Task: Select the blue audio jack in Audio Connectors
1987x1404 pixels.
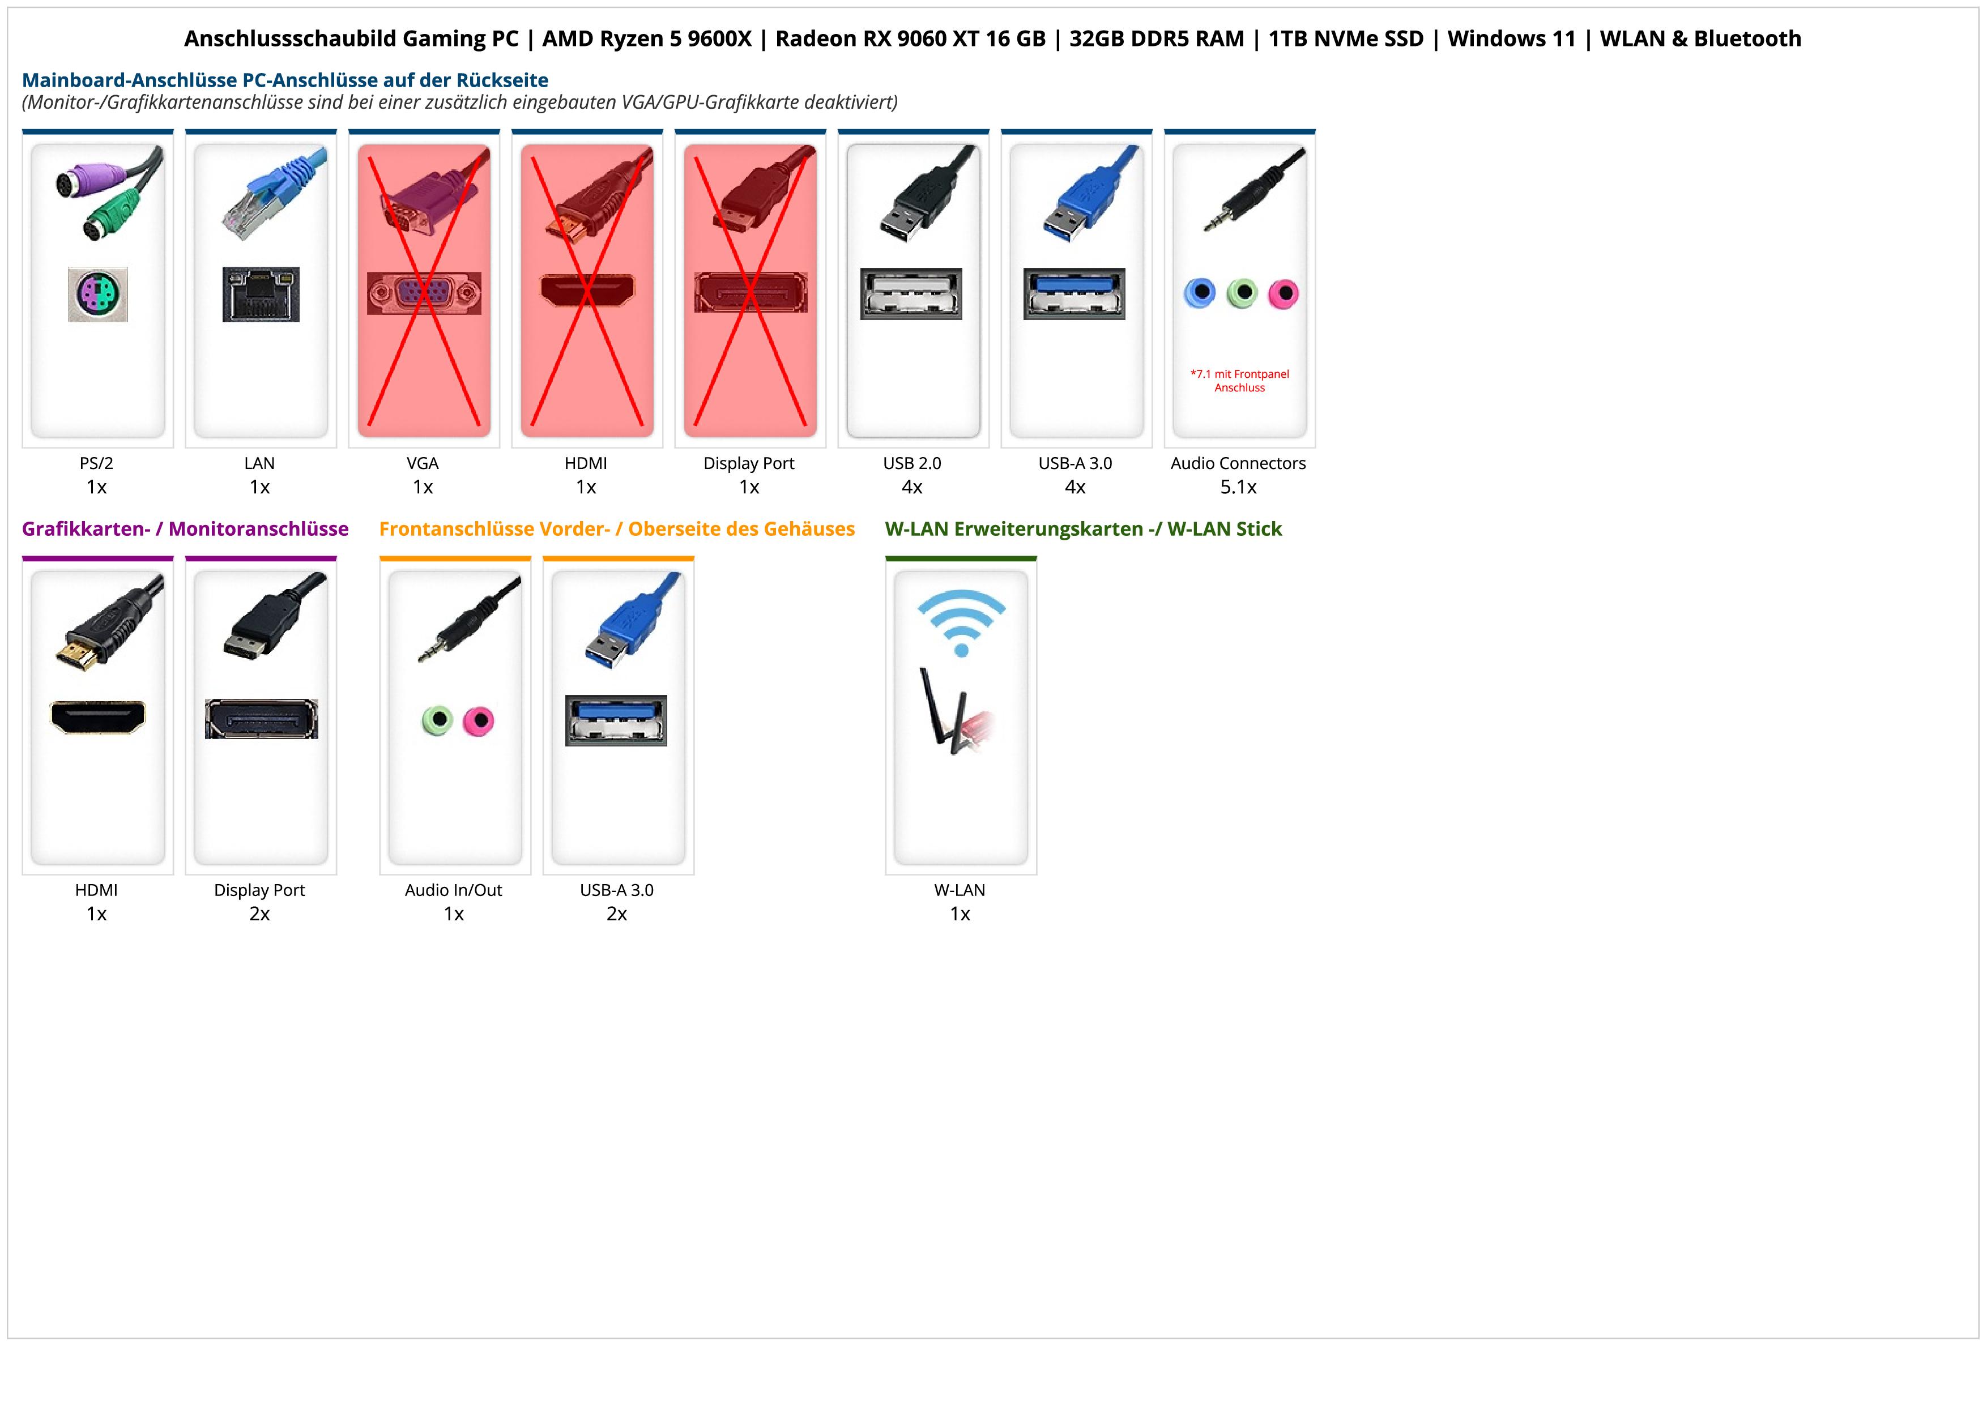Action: point(1200,293)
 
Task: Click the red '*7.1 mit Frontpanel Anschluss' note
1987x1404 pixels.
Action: point(1239,381)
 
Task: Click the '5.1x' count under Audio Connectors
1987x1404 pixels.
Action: point(1238,487)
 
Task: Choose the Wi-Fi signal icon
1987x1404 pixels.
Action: point(961,622)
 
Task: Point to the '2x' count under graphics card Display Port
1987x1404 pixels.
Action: point(259,914)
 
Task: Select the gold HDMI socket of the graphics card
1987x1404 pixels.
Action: point(98,717)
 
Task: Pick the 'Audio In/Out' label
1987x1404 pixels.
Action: point(454,890)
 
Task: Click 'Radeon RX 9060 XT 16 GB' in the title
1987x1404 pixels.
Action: point(910,39)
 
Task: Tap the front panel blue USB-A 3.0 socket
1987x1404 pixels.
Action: point(616,720)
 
